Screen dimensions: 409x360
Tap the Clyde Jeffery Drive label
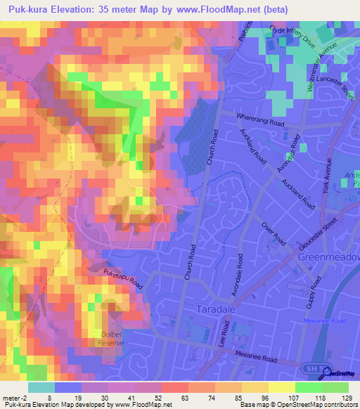point(293,37)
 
